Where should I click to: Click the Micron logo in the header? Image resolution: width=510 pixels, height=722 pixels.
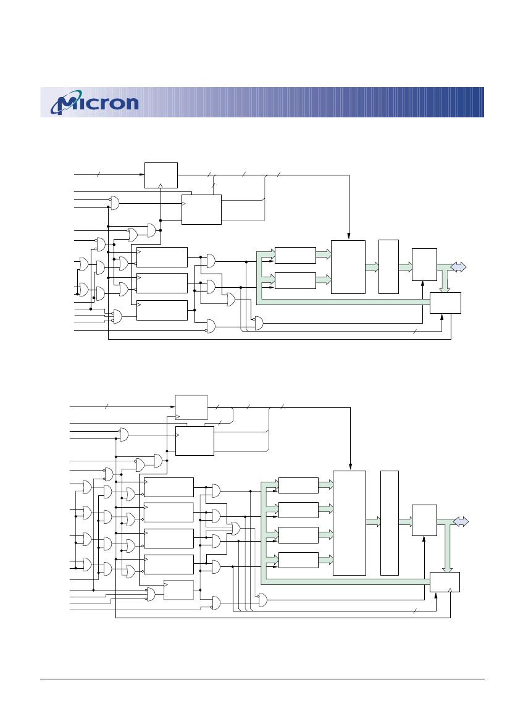click(x=94, y=103)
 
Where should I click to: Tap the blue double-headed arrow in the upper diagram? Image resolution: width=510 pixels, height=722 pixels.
click(x=458, y=267)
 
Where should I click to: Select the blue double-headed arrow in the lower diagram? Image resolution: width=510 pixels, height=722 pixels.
click(x=461, y=522)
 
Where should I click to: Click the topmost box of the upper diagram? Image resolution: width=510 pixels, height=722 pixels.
click(x=161, y=175)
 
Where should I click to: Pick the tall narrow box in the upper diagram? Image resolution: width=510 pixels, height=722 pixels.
click(x=388, y=267)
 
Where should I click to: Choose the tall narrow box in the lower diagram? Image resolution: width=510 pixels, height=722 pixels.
click(x=390, y=523)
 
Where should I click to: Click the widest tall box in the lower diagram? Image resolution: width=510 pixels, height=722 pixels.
click(x=349, y=523)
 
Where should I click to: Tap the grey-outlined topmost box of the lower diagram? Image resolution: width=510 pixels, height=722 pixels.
click(x=191, y=407)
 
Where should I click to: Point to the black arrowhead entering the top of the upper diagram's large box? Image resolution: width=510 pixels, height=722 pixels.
click(x=349, y=237)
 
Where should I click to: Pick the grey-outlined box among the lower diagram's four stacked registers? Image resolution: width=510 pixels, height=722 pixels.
click(x=169, y=512)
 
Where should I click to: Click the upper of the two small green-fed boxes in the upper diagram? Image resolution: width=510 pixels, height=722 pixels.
click(x=295, y=255)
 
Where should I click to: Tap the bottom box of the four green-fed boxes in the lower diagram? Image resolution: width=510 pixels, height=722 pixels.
click(x=298, y=560)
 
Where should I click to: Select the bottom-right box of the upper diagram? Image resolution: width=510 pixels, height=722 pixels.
click(x=445, y=303)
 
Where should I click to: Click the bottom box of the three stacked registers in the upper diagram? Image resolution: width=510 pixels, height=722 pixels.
click(x=162, y=310)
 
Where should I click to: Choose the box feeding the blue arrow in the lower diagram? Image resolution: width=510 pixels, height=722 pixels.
click(x=424, y=520)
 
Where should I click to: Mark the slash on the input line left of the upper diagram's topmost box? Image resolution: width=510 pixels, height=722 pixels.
click(x=99, y=175)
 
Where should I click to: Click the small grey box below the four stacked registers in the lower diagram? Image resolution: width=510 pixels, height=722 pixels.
click(x=178, y=590)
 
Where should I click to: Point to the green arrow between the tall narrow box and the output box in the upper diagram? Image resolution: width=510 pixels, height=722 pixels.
click(x=405, y=267)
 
